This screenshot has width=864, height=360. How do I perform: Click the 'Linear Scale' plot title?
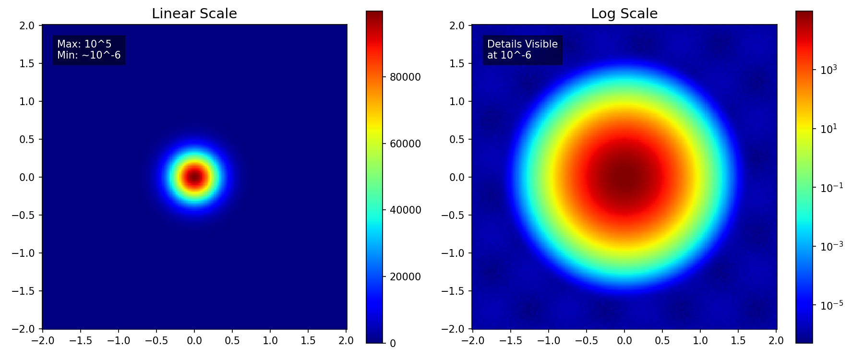pos(194,14)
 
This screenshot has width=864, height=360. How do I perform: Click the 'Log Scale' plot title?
pos(624,14)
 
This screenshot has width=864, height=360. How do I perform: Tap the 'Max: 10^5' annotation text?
pos(84,44)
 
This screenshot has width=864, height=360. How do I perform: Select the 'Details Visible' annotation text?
pos(522,44)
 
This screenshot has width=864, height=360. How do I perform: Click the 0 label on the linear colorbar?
pos(393,343)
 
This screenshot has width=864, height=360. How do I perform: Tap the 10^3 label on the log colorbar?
pos(828,70)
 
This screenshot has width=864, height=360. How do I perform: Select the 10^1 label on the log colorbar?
pos(828,129)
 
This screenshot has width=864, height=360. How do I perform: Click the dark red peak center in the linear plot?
pos(194,177)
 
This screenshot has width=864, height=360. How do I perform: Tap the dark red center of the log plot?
pos(624,177)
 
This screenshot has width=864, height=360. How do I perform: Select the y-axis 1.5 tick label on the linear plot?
pos(28,63)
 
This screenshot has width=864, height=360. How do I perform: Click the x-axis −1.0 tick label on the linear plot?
pos(119,341)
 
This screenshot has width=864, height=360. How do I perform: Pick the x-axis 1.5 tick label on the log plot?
pos(738,341)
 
